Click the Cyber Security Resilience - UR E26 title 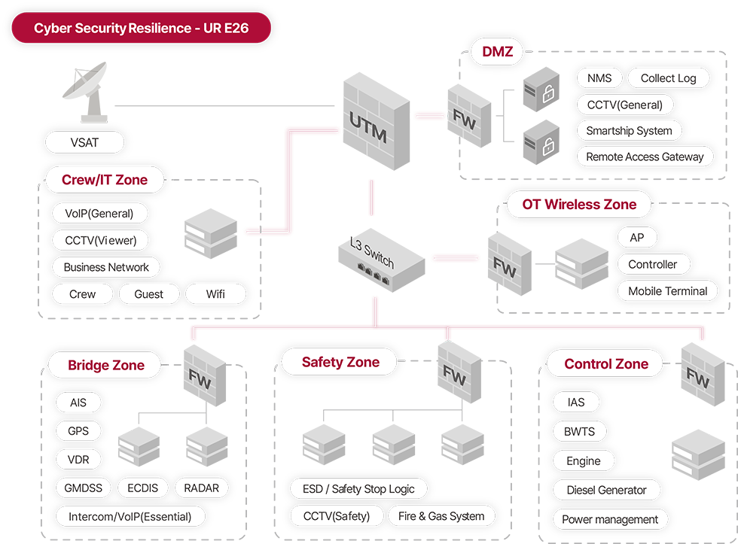[x=141, y=29]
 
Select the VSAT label [x=84, y=142]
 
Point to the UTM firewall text [x=368, y=129]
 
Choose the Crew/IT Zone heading [x=105, y=180]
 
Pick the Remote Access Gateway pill [x=645, y=157]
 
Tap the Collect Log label [x=668, y=78]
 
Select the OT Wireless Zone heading [x=579, y=204]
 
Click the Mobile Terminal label [x=667, y=290]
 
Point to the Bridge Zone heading [x=105, y=366]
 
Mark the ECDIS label [x=142, y=488]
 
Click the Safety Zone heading [x=340, y=362]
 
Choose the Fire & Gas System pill [x=441, y=516]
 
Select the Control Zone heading [x=606, y=364]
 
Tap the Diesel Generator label [x=606, y=490]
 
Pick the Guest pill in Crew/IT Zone [x=148, y=293]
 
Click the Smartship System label [x=629, y=130]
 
